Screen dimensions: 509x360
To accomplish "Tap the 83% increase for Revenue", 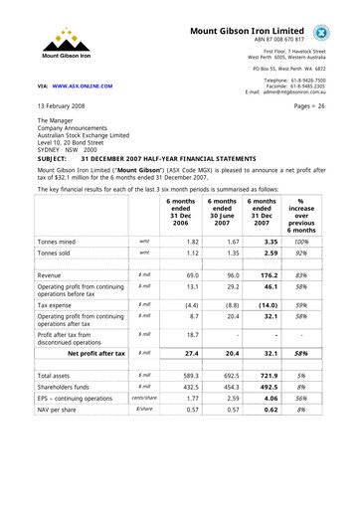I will pyautogui.click(x=314, y=274).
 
